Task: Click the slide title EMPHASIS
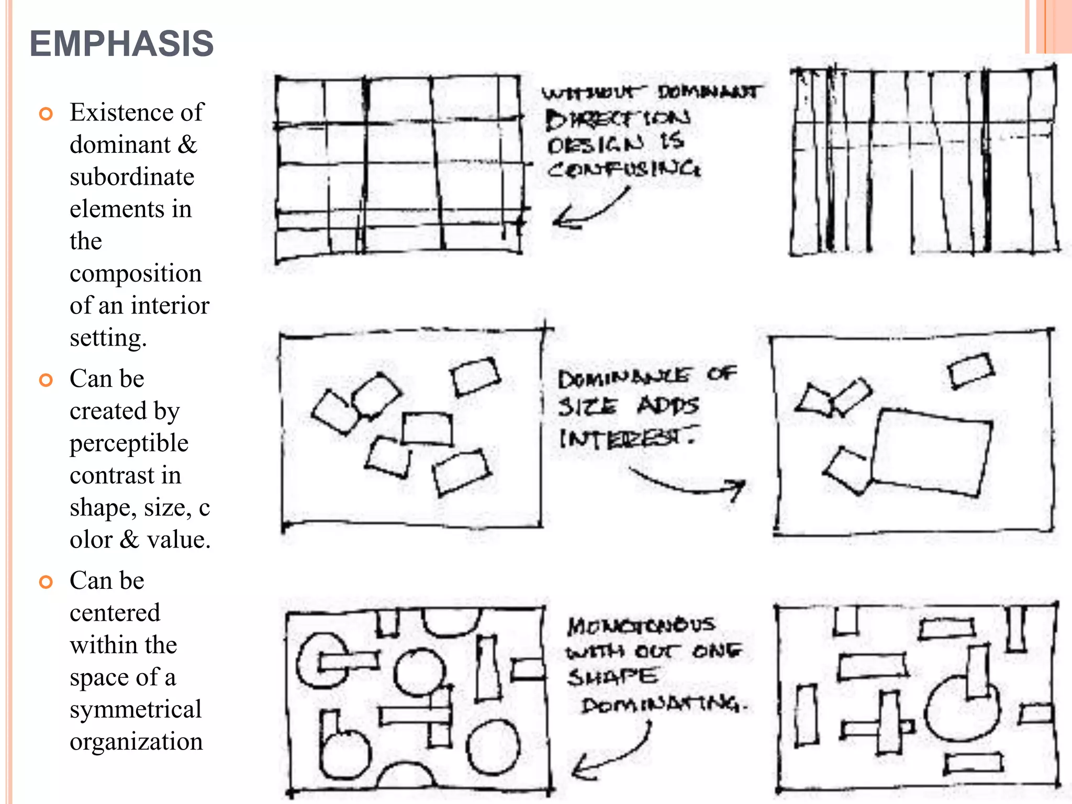(121, 43)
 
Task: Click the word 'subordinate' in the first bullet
(132, 177)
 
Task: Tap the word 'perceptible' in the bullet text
(129, 443)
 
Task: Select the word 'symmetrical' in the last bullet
(136, 710)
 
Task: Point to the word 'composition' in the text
(136, 273)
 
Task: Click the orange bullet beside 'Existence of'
(46, 114)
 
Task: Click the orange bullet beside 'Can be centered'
(46, 582)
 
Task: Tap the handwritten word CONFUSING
(624, 169)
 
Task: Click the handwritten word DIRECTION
(618, 119)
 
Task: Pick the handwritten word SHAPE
(612, 677)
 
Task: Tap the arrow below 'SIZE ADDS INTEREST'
(691, 484)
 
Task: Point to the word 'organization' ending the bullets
(136, 742)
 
